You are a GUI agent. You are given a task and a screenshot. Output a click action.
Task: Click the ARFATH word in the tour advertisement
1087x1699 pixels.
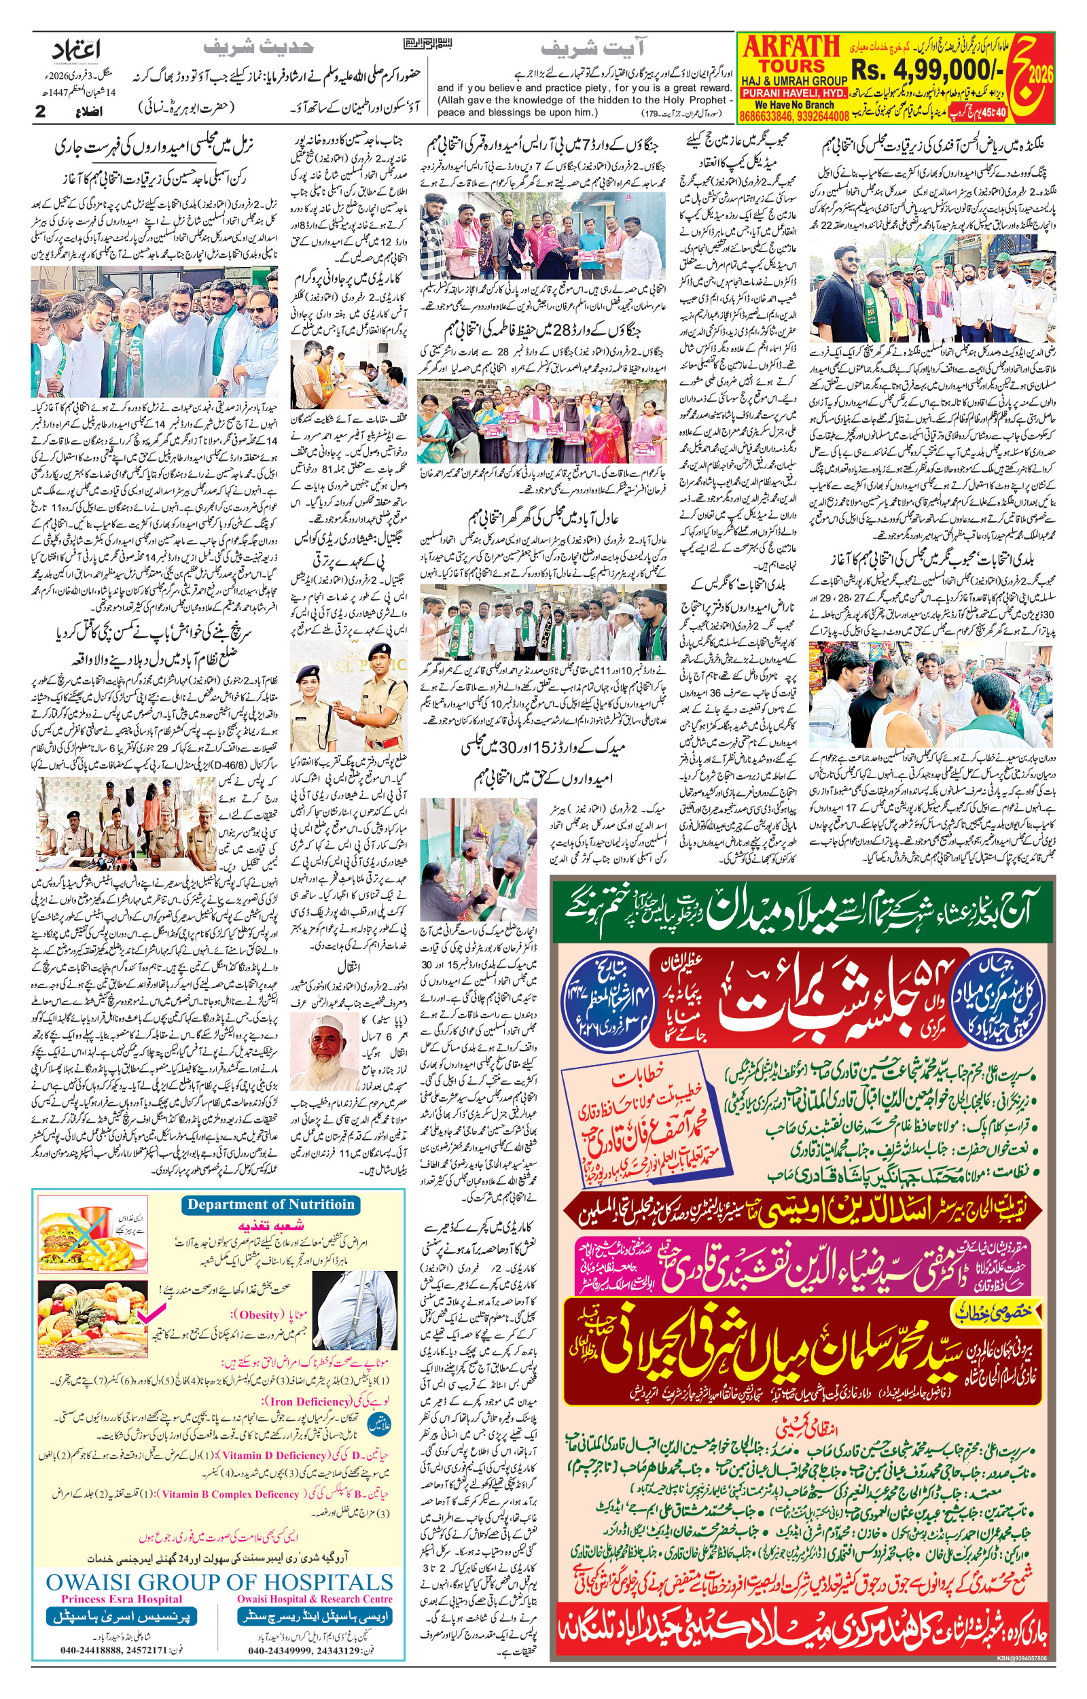791,48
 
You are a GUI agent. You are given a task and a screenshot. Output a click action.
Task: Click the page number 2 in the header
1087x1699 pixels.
40,111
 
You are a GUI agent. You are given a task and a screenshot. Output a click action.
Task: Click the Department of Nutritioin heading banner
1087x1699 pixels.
271,1205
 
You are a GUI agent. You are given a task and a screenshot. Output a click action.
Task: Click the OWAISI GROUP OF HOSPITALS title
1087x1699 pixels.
219,1581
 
